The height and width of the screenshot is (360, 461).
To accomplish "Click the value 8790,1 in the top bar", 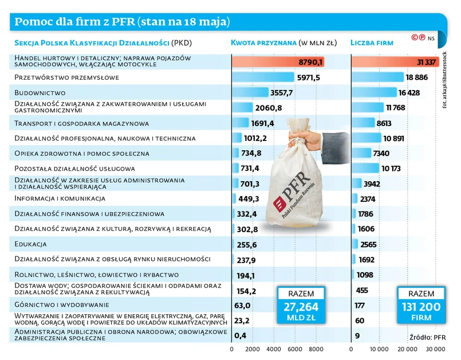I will (311, 62).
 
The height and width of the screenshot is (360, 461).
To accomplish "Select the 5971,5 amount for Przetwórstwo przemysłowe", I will (308, 77).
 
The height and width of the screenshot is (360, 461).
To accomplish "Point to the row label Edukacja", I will (30, 244).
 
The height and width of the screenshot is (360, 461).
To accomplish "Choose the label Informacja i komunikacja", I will (60, 198).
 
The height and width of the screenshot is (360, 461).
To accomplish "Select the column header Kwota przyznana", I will (263, 42).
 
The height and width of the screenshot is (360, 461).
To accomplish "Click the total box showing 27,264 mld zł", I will (301, 304).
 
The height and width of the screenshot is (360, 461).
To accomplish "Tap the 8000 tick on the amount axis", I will (316, 349).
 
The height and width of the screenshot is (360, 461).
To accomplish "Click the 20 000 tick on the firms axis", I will (408, 349).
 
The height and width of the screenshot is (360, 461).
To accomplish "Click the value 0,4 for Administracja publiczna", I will (241, 335).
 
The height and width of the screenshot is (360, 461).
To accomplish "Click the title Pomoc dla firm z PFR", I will (122, 22).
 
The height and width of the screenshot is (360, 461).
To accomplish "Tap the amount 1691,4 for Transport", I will (262, 123).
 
